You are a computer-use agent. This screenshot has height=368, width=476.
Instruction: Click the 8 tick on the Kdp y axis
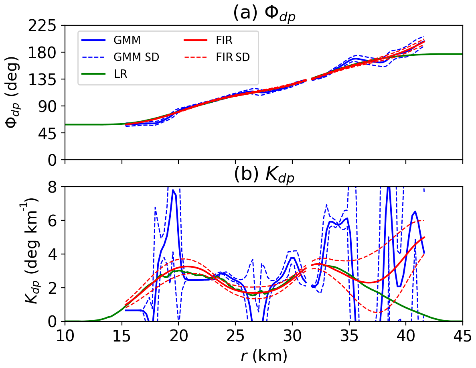[x=55, y=187]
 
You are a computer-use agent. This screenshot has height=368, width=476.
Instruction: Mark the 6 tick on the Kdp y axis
[x=55, y=221]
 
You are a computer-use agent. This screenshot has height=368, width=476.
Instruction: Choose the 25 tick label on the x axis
[x=235, y=334]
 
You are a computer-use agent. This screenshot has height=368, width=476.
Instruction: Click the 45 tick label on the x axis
[x=462, y=334]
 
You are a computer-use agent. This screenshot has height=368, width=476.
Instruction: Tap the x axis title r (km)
[x=264, y=355]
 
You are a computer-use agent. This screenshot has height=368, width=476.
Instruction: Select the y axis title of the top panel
[x=14, y=93]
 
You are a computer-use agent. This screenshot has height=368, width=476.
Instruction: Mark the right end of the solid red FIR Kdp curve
[x=424, y=237]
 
